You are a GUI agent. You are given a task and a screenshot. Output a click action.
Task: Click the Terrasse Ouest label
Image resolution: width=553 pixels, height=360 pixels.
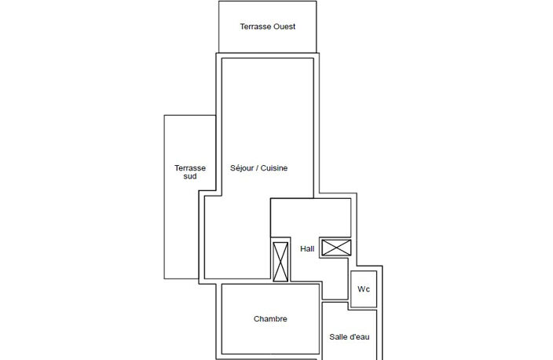(x=268, y=27)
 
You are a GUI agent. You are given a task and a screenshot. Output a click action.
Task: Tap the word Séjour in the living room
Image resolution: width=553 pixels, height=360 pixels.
(x=242, y=168)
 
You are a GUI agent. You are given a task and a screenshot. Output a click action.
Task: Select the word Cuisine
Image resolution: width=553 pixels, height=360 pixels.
(x=274, y=168)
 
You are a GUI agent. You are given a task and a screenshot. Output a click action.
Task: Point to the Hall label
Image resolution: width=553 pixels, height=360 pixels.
(x=307, y=249)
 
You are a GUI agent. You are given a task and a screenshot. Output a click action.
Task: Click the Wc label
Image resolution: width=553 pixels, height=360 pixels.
(x=364, y=289)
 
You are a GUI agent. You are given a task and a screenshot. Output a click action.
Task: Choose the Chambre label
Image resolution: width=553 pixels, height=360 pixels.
(x=270, y=318)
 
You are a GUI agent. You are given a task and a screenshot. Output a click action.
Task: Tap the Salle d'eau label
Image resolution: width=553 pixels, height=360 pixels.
(x=350, y=336)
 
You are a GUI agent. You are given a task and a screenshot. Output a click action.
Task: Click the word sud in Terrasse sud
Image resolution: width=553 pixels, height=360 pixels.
(x=190, y=177)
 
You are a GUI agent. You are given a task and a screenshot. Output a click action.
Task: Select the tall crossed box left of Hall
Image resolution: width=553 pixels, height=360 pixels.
(x=280, y=262)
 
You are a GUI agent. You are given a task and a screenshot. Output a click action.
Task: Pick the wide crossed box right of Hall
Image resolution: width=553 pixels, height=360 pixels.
(x=336, y=248)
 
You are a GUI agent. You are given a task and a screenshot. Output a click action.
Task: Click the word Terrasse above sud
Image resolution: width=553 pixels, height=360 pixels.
(x=190, y=168)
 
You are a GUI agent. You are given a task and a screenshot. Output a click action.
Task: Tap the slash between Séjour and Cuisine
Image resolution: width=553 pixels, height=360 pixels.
(x=257, y=168)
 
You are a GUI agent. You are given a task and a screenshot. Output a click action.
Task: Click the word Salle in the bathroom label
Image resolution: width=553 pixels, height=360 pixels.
(x=337, y=336)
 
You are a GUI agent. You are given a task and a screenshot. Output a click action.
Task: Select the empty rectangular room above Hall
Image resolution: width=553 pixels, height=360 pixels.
(x=311, y=218)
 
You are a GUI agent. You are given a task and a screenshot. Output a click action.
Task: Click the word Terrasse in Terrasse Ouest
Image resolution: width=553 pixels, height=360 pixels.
(x=256, y=27)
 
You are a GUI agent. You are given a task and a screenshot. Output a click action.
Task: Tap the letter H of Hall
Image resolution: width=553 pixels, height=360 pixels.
(x=302, y=249)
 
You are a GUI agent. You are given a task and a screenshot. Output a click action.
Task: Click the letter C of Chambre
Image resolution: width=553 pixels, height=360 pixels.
(x=256, y=318)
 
